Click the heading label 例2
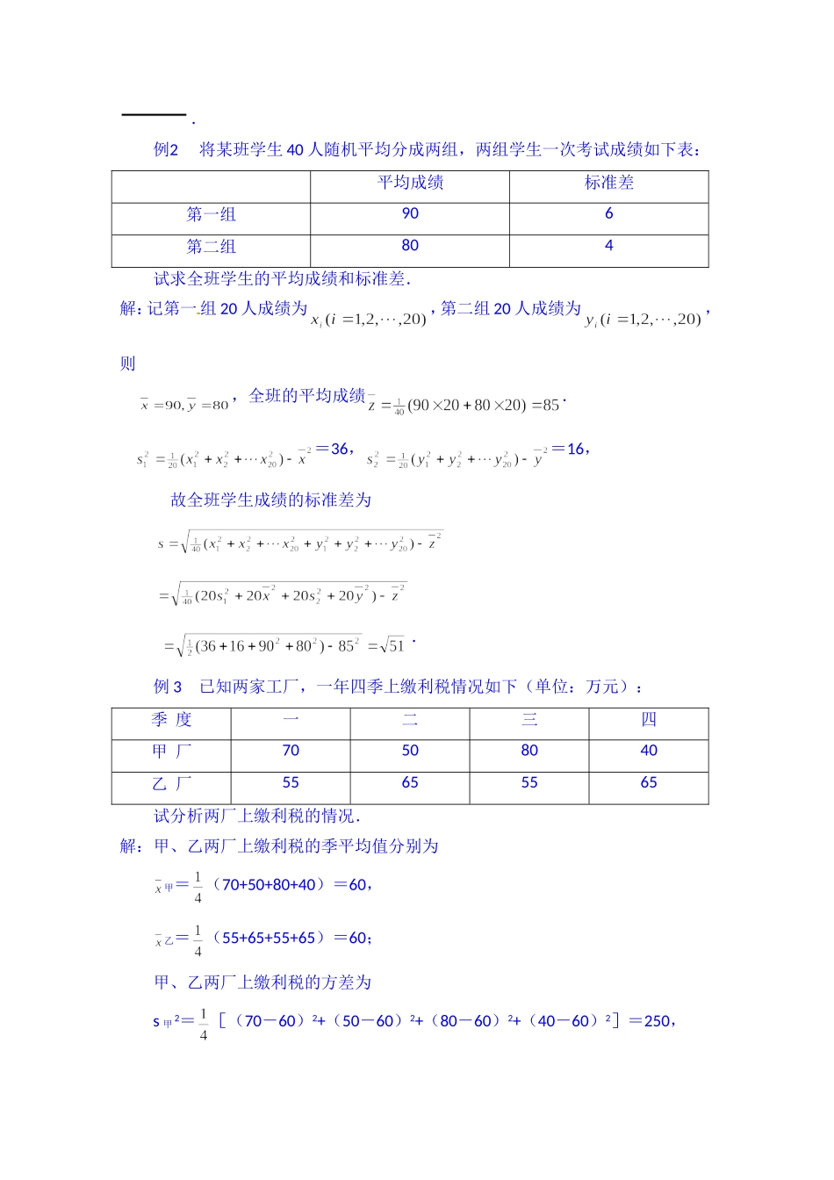tap(166, 150)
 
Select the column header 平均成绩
tap(410, 183)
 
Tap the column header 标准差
tap(608, 183)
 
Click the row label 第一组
tap(211, 214)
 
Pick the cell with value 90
tap(410, 213)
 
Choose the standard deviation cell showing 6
tap(608, 213)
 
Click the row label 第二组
tap(211, 247)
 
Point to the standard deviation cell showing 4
tap(608, 246)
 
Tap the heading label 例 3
tap(167, 687)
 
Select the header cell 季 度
tap(171, 720)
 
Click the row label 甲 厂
tap(171, 752)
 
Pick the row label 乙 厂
tap(171, 783)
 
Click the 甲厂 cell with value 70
tap(291, 751)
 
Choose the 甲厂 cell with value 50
tap(410, 751)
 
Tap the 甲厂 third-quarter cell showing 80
tap(529, 751)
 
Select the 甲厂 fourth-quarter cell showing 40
tap(649, 751)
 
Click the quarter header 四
tap(649, 720)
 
